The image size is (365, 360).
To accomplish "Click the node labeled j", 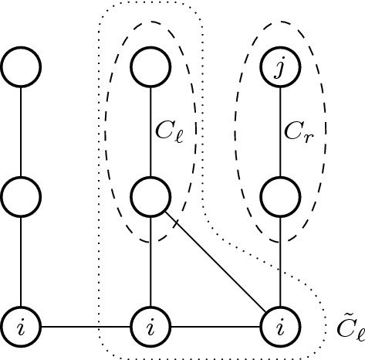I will tap(279, 68).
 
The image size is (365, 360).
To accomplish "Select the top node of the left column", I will tap(21, 68).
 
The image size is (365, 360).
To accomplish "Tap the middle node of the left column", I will tap(21, 198).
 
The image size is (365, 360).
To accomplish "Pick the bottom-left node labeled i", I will tap(21, 327).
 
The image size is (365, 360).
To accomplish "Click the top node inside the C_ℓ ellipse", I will tap(150, 68).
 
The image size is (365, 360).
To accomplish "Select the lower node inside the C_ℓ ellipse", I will tap(150, 198).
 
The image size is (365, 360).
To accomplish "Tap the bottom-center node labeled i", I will tap(150, 327).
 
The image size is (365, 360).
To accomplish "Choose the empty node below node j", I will tap(279, 198).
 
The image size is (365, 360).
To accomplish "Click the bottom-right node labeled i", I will tap(279, 327).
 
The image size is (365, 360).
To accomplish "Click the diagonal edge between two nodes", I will tap(215, 263).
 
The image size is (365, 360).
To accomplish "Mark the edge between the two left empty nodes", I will tap(21, 133).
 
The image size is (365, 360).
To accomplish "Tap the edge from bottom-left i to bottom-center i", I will tap(86, 327).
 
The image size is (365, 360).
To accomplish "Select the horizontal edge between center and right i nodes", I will tap(215, 327).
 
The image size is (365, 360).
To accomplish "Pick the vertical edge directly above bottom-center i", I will tap(150, 263).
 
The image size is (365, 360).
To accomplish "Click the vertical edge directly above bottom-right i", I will tap(279, 263).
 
